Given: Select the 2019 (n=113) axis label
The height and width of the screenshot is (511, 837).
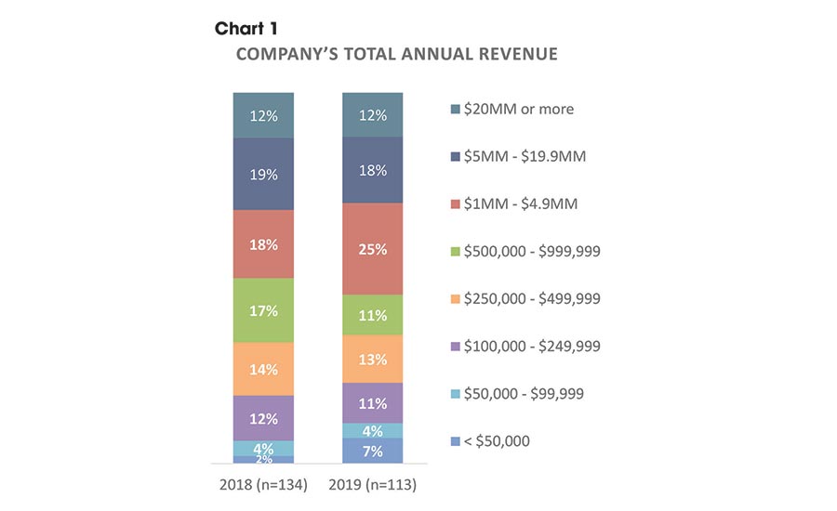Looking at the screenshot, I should click(372, 484).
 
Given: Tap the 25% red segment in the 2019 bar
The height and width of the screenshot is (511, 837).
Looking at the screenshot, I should click(372, 249).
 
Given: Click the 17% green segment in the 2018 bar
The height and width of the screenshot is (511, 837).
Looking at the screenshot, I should click(264, 310).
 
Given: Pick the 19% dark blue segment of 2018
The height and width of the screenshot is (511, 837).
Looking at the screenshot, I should click(264, 174).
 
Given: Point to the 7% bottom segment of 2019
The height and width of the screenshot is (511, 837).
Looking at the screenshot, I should click(372, 451).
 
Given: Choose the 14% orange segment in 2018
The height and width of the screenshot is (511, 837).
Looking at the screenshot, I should click(264, 369).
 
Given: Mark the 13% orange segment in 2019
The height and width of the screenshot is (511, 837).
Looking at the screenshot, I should click(372, 360).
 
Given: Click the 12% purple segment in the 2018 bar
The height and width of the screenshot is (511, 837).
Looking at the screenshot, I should click(264, 418).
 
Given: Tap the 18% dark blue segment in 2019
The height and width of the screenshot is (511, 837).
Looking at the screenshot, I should click(372, 170).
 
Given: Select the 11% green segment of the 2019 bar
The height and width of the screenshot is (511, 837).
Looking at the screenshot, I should click(372, 315).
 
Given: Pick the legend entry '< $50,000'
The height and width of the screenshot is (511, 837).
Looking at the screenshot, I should click(498, 440).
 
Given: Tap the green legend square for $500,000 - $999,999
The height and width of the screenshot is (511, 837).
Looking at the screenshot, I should click(456, 251).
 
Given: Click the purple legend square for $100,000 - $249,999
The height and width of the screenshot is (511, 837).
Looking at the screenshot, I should click(456, 347).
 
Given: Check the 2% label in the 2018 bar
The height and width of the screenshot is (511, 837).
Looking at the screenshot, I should click(264, 459).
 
